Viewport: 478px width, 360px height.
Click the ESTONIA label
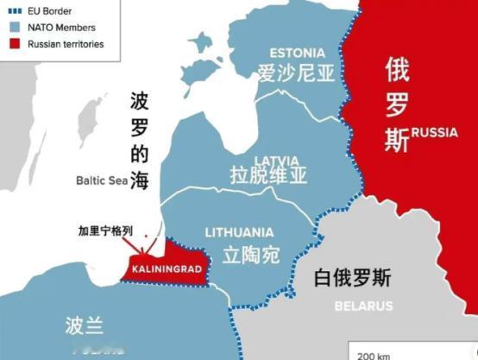coord(297,52)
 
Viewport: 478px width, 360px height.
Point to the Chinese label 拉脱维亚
coord(268,177)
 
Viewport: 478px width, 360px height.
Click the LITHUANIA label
coord(239,232)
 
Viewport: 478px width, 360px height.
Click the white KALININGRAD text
coord(167,268)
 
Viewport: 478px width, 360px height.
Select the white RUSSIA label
coord(434,132)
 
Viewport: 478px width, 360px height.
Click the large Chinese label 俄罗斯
coord(397,105)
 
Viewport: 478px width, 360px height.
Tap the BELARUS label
coord(363,306)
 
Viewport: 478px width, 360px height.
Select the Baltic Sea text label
coord(100,180)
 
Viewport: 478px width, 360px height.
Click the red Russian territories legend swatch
coord(15,42)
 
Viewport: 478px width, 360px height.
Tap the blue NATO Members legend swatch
coord(15,28)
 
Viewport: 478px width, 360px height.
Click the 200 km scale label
coord(372,355)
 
